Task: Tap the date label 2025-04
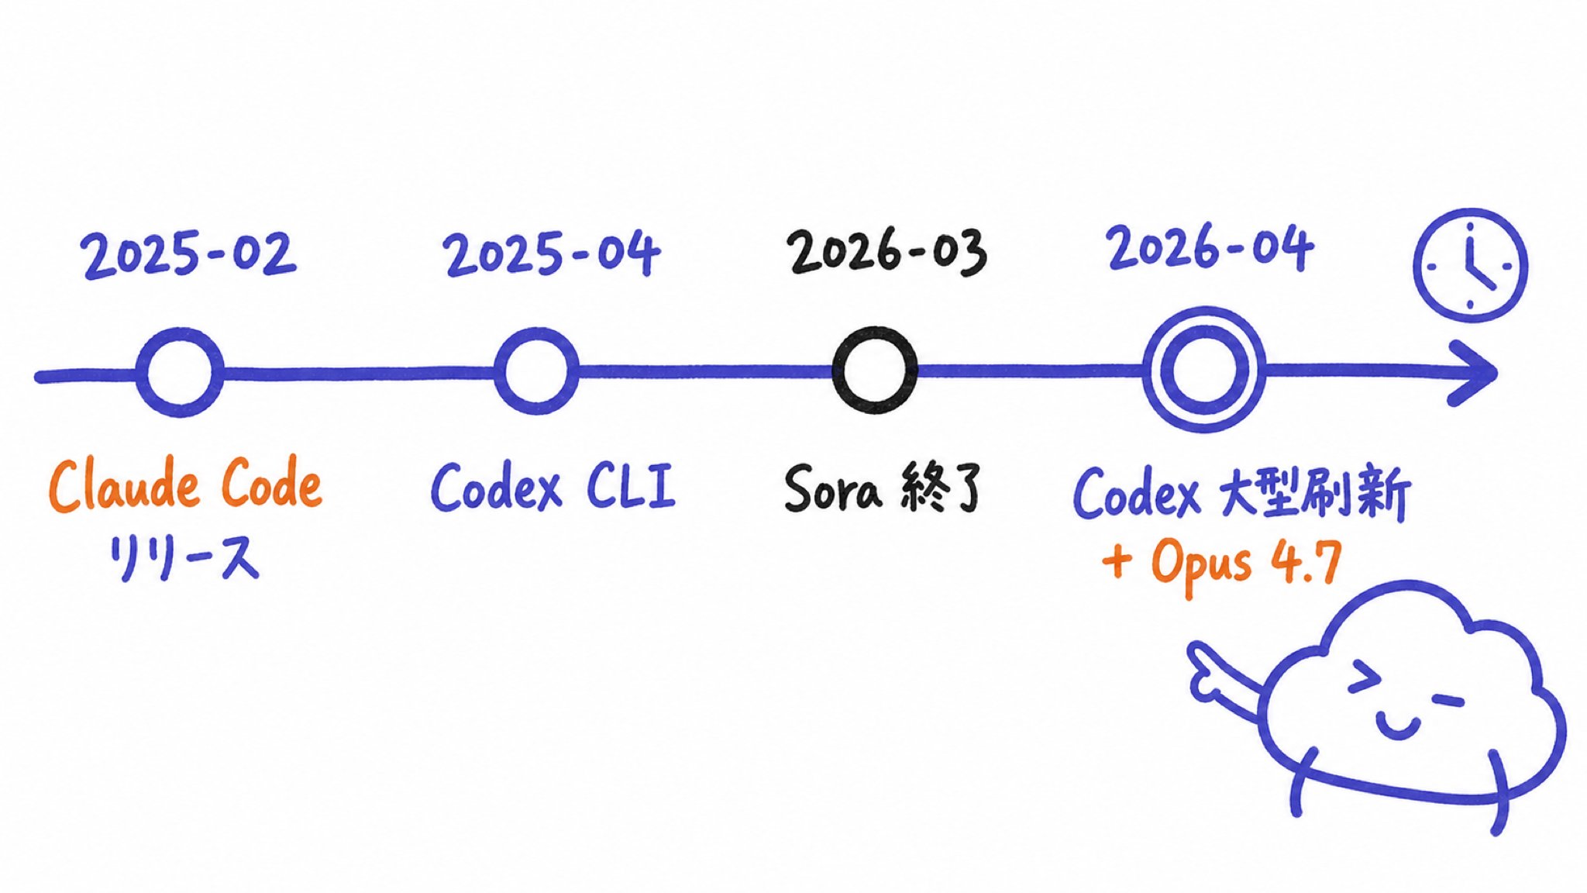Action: pyautogui.click(x=552, y=253)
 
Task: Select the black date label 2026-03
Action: pyautogui.click(x=886, y=252)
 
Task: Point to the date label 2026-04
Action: pyautogui.click(x=1210, y=248)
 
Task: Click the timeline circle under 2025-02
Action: pyautogui.click(x=139, y=372)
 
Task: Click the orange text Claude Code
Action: pyautogui.click(x=185, y=486)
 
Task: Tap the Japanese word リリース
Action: pyautogui.click(x=184, y=558)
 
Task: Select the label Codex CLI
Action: pyautogui.click(x=553, y=487)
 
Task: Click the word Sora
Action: pyautogui.click(x=832, y=490)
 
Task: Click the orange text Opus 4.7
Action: pyautogui.click(x=1246, y=563)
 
